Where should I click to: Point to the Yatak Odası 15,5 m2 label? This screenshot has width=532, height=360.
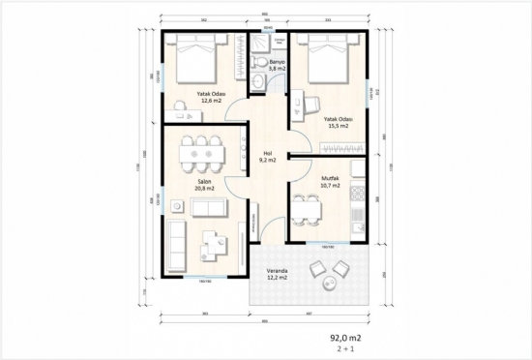coord(337,122)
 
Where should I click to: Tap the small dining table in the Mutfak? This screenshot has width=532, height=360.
coord(310,208)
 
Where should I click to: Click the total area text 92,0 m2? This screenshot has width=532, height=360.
coord(343,339)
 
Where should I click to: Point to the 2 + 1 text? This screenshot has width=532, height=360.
coord(343,350)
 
